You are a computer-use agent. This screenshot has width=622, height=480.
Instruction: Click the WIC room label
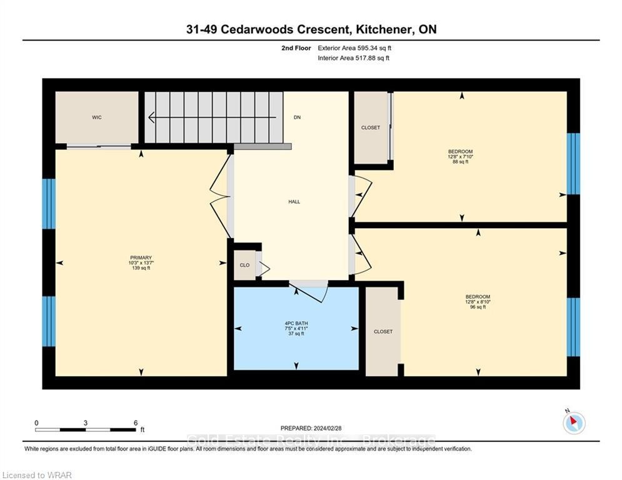coord(97,117)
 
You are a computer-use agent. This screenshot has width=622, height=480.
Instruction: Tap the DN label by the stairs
coord(297,117)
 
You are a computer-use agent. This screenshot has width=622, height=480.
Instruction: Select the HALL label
coord(294,202)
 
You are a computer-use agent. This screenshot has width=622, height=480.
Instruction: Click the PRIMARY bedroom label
coord(141,258)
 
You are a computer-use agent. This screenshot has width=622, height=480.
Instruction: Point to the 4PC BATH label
coord(296,323)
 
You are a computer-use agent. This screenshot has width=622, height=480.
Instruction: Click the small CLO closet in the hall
coord(245,265)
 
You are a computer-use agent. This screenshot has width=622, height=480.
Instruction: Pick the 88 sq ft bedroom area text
coord(461,162)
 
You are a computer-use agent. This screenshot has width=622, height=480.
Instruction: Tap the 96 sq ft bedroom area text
coord(478,307)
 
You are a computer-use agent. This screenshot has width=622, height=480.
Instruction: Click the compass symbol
coord(574,423)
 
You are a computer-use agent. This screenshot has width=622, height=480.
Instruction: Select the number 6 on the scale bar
coord(136,423)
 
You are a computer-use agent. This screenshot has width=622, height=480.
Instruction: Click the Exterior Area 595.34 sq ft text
coord(354,48)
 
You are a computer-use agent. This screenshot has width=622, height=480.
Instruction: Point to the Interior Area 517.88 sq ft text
coord(353,58)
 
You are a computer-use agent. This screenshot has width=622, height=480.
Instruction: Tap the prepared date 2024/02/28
coord(328,428)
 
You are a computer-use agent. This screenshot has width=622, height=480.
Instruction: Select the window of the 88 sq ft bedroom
coord(573,164)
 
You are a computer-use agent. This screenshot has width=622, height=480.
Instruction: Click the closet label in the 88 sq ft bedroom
coord(371,127)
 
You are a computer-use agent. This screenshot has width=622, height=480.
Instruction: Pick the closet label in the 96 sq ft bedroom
coord(383,332)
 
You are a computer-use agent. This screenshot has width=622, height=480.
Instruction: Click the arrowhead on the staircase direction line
coord(151,117)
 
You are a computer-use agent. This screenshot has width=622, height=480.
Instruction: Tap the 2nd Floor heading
coord(296,48)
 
